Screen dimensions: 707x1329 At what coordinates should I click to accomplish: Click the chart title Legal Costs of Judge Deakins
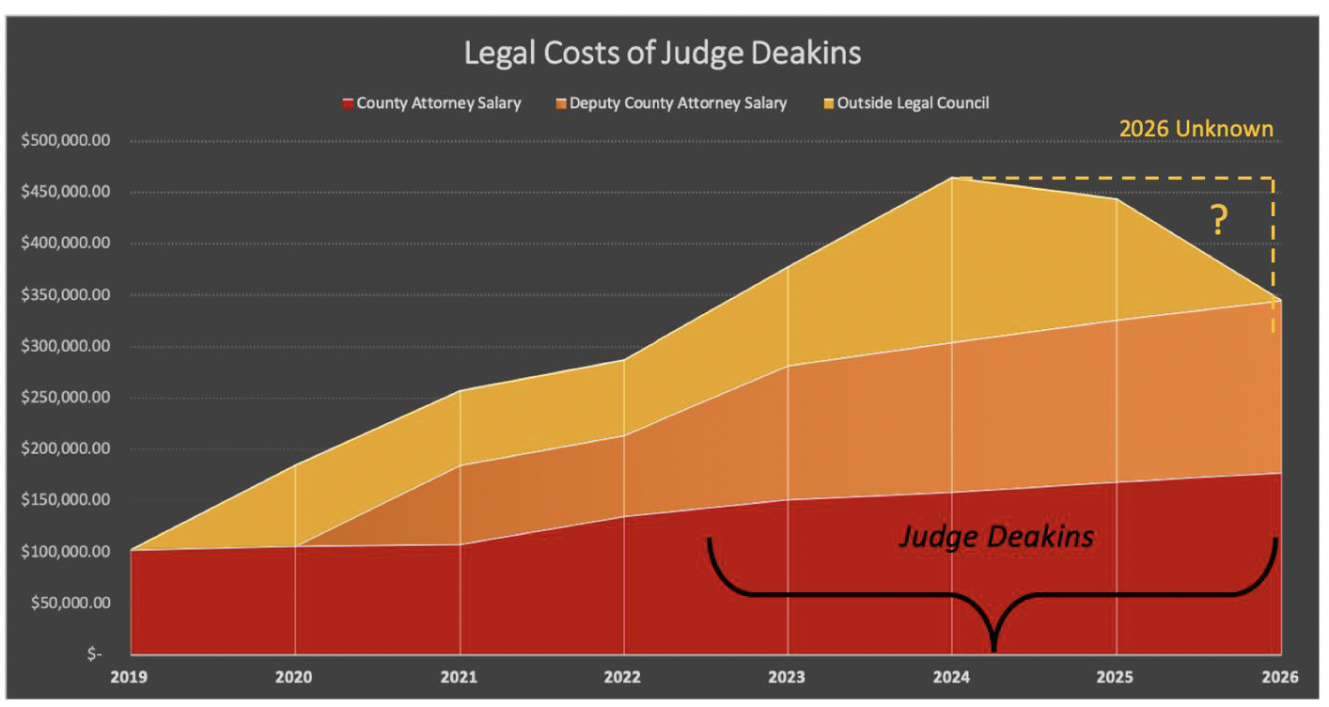(x=662, y=54)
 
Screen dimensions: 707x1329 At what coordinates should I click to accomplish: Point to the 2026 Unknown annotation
(x=1196, y=129)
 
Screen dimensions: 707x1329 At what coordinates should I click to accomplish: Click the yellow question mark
(x=1218, y=220)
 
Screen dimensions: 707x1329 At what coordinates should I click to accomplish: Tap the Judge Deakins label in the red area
(x=996, y=536)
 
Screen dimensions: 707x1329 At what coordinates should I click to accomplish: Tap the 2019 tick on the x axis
(x=131, y=676)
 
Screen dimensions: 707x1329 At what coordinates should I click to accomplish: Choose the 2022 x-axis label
(x=624, y=676)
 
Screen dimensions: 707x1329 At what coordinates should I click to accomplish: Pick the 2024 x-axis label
(x=952, y=676)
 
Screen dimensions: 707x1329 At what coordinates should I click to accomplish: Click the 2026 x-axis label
(x=1279, y=676)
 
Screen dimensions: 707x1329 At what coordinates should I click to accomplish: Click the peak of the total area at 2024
(x=952, y=178)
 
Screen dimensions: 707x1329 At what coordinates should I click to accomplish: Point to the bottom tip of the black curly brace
(x=993, y=648)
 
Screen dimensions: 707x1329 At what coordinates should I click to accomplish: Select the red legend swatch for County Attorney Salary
(x=347, y=103)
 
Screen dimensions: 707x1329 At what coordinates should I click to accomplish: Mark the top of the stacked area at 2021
(x=460, y=390)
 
